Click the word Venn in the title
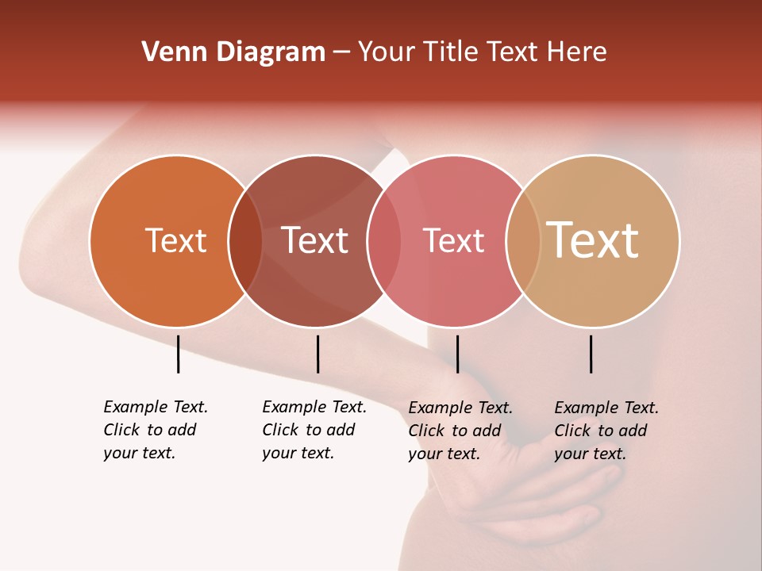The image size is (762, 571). click(171, 52)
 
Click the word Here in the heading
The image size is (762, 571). click(576, 52)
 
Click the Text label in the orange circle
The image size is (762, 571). click(175, 240)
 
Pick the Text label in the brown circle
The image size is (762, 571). click(314, 240)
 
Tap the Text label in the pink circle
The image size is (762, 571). click(453, 240)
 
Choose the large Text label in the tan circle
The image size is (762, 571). click(593, 240)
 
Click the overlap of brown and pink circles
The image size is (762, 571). click(384, 240)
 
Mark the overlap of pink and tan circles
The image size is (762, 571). click(523, 240)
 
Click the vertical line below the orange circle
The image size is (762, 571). click(179, 354)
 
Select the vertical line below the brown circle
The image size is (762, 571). click(317, 354)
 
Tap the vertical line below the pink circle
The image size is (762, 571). click(457, 354)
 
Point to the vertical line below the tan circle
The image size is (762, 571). click(591, 354)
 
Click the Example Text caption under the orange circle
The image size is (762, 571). click(155, 430)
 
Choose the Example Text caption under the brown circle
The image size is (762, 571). click(314, 430)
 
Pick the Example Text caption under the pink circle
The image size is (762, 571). click(460, 431)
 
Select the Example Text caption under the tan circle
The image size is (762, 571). click(606, 431)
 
